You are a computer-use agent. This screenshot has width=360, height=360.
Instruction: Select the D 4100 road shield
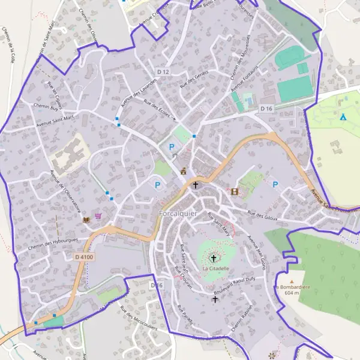click(84, 257)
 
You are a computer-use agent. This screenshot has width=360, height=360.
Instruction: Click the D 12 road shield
click(163, 72)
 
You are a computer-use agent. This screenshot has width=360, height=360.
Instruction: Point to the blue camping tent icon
click(343, 116)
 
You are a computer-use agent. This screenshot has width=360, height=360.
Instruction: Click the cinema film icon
click(234, 192)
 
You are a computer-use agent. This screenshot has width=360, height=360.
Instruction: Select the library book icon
click(86, 220)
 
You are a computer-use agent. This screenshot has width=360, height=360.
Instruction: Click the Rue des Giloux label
click(264, 216)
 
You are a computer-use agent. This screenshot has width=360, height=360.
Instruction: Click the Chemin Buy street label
click(46, 108)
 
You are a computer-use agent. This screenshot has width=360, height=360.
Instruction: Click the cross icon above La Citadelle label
click(212, 259)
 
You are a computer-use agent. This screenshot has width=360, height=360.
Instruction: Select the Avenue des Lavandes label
click(139, 92)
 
